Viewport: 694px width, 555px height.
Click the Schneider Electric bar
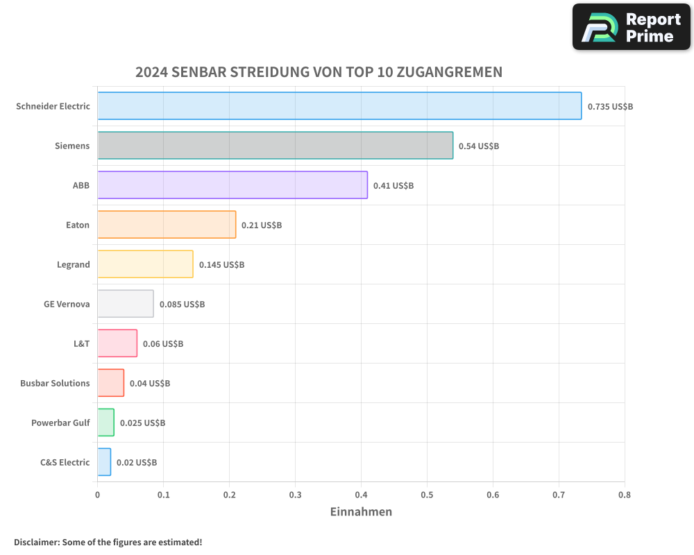click(x=339, y=106)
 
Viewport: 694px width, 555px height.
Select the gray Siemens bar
click(x=275, y=146)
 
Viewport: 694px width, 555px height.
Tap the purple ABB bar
click(x=232, y=185)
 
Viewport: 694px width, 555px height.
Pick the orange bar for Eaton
click(x=167, y=225)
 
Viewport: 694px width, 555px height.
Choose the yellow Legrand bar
click(x=145, y=264)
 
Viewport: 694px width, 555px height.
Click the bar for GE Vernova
click(x=126, y=304)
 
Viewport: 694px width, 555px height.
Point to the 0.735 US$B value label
click(x=610, y=107)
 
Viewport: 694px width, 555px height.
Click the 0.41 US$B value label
click(x=393, y=186)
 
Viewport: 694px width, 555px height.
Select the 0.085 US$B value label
click(x=182, y=305)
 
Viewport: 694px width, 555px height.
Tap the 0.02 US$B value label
click(x=137, y=463)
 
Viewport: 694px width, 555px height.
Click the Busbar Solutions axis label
click(x=55, y=383)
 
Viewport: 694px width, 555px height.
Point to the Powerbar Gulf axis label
click(x=60, y=422)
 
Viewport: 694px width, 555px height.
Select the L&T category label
click(x=81, y=343)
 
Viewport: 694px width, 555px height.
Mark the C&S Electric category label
click(x=65, y=462)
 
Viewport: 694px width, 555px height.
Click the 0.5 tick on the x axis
click(x=427, y=495)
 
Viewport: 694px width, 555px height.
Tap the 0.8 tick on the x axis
click(x=624, y=495)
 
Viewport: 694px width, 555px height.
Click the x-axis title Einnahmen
click(x=361, y=512)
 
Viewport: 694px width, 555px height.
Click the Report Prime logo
click(x=631, y=27)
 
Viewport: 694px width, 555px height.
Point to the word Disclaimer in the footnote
click(x=36, y=542)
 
